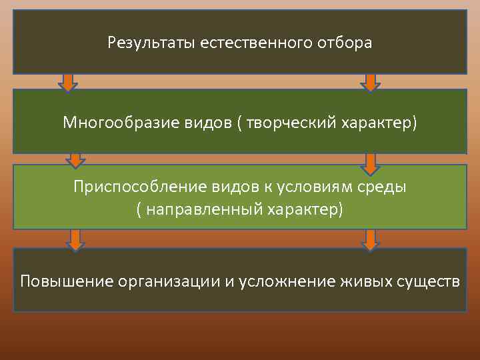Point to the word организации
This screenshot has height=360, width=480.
point(169,281)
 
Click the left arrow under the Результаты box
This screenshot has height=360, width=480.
point(67,81)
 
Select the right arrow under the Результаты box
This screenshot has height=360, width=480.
point(370,81)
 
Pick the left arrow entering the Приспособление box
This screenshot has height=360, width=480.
point(75,160)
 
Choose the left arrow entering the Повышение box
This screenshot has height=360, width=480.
point(75,239)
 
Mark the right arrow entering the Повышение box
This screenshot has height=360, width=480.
point(370,239)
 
